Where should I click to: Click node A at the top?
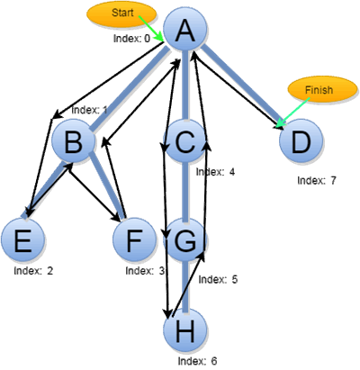coord(185,29)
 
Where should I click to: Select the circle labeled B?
coord(73,140)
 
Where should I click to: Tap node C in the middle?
coord(185,140)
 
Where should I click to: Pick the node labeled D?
coord(301,140)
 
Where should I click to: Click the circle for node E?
coord(22,239)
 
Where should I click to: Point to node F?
coord(134,239)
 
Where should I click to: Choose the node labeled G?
coord(185,239)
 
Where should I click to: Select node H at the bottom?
coord(185,330)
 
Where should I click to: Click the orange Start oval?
coord(121,14)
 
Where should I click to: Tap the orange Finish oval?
coord(323,90)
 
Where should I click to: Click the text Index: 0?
coord(131,39)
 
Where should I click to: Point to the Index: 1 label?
coord(89,110)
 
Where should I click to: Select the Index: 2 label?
coord(33,271)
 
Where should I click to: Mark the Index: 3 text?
coord(145,271)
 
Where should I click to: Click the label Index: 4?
coord(215,172)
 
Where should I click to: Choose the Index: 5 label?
coord(218,279)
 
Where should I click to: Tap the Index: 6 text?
coord(197,361)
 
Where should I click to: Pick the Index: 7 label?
coord(317,180)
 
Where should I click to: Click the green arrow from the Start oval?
coord(151,29)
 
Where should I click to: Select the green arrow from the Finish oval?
coord(292,113)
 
